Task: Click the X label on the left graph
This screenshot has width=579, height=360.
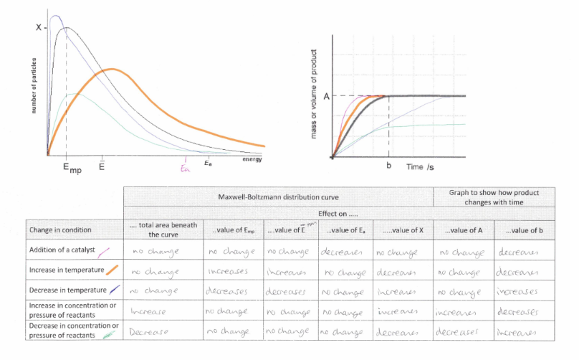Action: (38, 28)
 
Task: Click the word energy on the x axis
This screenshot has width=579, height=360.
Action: (252, 159)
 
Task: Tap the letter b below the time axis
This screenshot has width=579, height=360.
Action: (388, 166)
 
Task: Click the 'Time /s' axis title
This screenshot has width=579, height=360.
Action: (421, 166)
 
